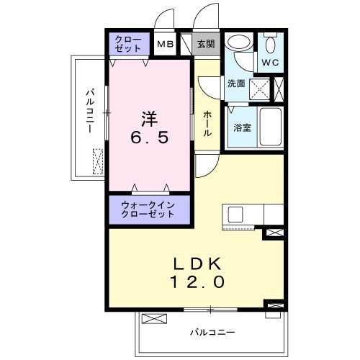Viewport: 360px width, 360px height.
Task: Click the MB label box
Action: click(165, 44)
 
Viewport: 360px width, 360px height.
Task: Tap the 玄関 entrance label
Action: click(206, 44)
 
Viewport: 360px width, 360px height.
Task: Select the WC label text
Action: click(271, 63)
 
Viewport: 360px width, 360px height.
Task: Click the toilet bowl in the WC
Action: click(271, 45)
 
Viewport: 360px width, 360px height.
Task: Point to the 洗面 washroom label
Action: click(236, 84)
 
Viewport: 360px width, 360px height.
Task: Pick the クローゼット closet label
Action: click(129, 44)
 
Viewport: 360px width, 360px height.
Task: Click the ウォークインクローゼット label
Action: click(148, 210)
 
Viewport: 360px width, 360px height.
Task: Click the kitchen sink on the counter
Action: click(236, 215)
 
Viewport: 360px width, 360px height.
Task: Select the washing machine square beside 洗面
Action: click(260, 89)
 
